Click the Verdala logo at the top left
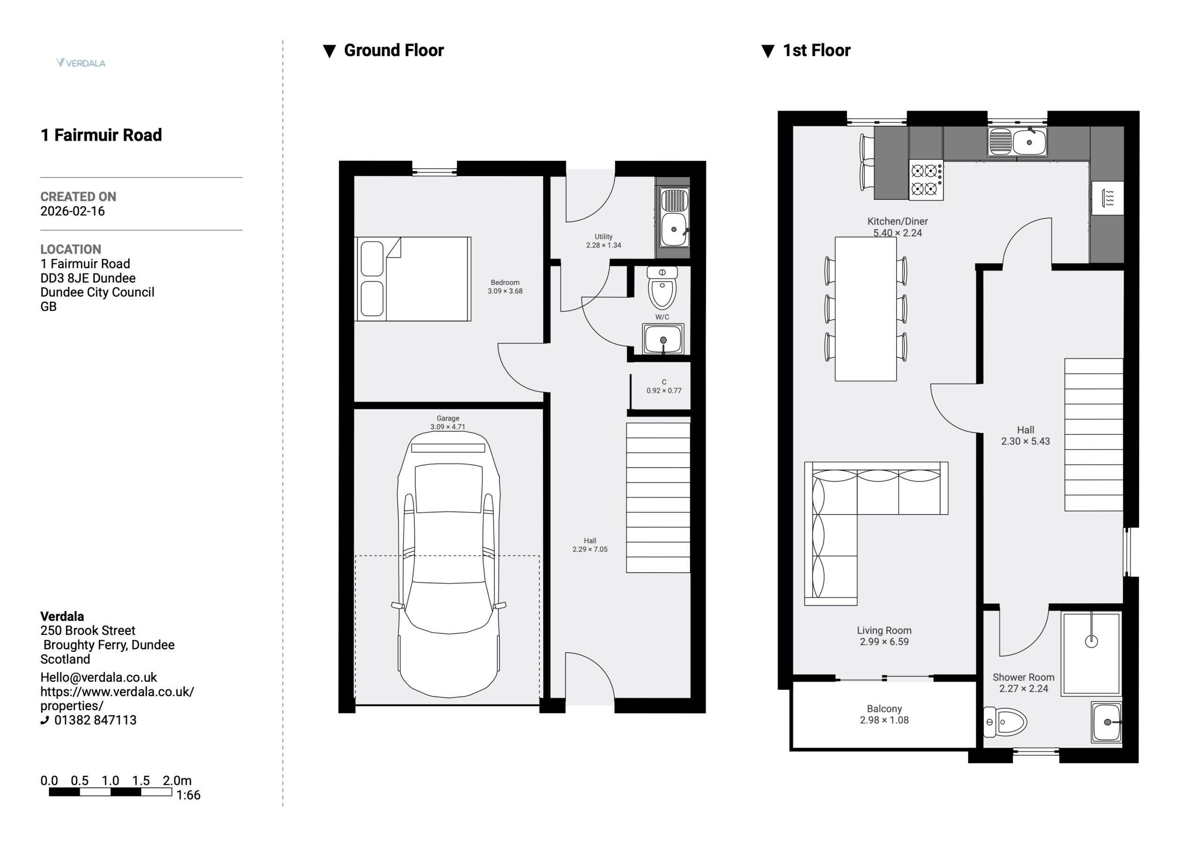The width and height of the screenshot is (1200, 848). coord(81,63)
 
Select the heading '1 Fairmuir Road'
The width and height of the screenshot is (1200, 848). coord(101,135)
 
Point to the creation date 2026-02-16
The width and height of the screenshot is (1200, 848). coord(73,211)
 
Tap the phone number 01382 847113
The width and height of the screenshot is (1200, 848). coord(95,720)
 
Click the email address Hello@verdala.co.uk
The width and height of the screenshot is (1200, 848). coord(99,677)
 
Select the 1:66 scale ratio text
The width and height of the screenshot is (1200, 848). coord(188,795)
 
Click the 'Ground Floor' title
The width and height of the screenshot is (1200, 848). coord(394,50)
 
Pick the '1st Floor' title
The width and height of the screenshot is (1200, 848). coord(817,50)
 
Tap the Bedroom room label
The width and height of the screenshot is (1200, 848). coord(505,282)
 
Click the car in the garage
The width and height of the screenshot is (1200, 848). coord(449,565)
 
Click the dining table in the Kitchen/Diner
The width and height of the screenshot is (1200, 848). coord(865,309)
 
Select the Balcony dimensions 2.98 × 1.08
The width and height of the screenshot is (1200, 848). coord(885,720)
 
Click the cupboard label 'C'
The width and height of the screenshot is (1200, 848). coord(664,382)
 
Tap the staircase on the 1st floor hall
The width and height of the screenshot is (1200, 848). coord(1094,435)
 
